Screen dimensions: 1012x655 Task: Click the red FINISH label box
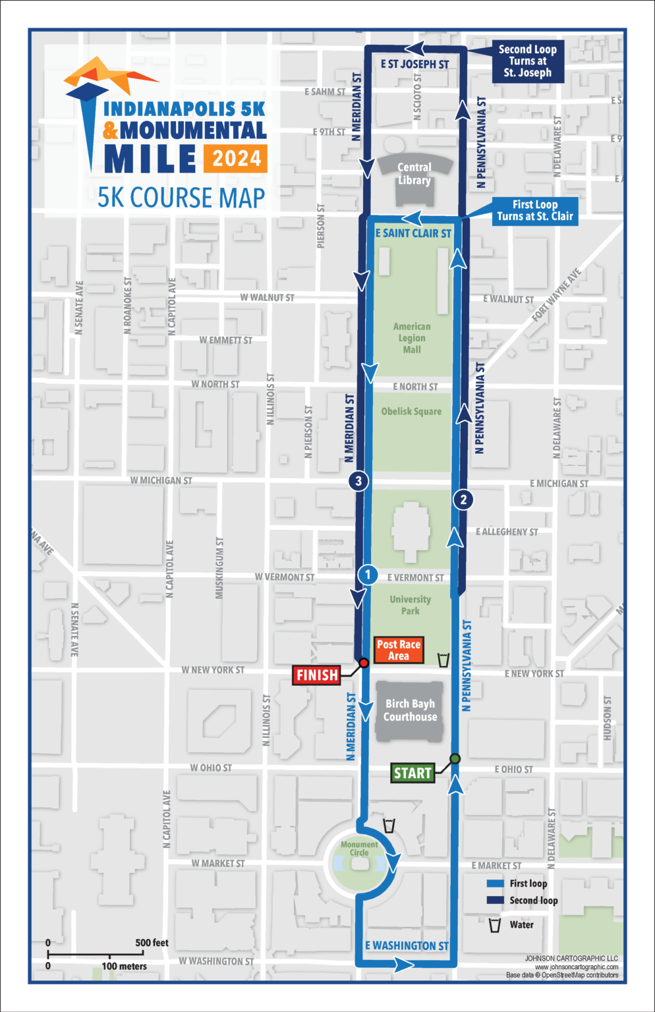317,675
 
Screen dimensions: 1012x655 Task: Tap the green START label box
413,773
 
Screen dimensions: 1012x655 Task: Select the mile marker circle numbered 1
368,575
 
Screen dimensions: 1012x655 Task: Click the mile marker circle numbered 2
463,499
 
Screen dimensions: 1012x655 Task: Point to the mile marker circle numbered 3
358,481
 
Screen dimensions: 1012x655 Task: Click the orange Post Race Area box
398,650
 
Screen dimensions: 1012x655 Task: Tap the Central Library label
414,174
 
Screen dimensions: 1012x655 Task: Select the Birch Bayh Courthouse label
410,710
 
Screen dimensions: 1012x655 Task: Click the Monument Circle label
359,849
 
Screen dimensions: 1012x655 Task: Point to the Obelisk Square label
411,411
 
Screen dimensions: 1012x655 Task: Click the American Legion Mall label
412,338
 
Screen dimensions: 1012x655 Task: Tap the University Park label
410,605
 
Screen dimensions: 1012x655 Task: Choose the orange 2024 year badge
237,159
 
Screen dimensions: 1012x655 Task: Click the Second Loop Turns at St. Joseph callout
527,61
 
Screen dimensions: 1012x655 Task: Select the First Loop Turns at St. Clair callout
535,211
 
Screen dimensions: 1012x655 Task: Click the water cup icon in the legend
495,925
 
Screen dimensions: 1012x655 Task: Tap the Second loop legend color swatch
495,901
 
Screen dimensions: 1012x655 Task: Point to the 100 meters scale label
124,967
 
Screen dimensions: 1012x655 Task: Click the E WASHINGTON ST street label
407,945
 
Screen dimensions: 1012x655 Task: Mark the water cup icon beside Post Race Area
443,659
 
